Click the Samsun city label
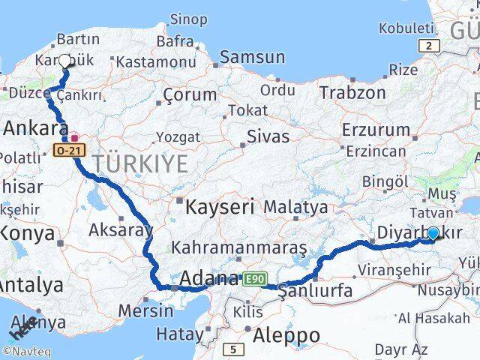click(252, 57)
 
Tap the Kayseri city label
click(222, 205)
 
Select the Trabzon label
click(352, 93)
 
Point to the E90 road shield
click(254, 279)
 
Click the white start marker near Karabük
click(64, 62)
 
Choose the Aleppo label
click(286, 334)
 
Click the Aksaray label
click(121, 229)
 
